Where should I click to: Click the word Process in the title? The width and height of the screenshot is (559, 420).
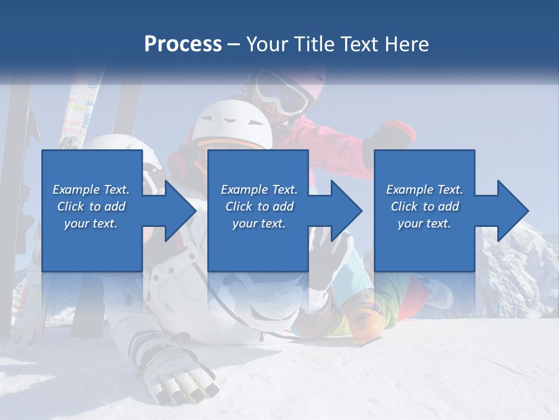point(183,44)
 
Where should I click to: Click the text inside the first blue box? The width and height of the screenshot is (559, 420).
point(91,206)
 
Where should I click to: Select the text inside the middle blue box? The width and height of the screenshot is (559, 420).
point(259,206)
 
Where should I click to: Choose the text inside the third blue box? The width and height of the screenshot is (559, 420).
point(424,206)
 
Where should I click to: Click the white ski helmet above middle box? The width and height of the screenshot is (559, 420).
point(233,123)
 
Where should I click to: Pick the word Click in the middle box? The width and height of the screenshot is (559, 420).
point(239,206)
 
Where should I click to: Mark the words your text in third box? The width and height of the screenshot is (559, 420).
point(424,223)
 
